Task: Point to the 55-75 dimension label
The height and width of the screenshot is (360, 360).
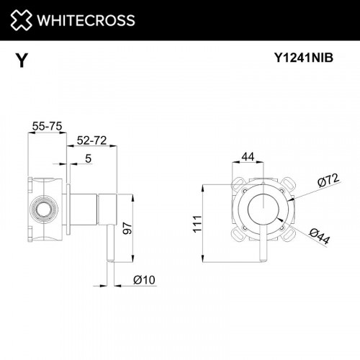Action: coord(45,127)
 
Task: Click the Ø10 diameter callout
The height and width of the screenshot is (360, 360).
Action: coord(144,279)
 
